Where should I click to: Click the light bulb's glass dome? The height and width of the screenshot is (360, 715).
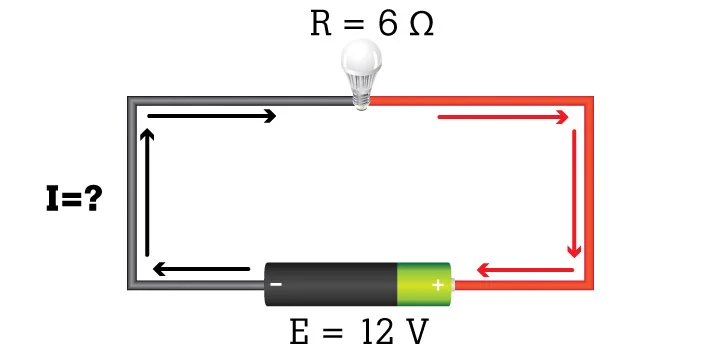(361, 59)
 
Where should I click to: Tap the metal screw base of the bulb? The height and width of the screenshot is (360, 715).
(361, 97)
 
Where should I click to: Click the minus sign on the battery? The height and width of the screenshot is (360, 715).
(276, 284)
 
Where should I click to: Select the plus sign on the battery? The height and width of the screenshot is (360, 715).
(438, 285)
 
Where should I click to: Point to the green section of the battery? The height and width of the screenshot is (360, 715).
(423, 284)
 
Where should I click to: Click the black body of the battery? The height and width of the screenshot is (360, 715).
(331, 284)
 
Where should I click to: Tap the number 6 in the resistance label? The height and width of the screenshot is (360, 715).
(388, 24)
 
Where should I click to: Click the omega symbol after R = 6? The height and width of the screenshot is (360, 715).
(421, 24)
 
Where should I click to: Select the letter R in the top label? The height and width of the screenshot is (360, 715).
(321, 24)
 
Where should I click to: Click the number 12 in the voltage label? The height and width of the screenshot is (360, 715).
(377, 332)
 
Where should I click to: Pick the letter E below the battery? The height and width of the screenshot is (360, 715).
(299, 332)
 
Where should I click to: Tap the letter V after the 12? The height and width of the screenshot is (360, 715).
(417, 332)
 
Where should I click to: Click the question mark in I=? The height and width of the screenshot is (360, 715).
(93, 198)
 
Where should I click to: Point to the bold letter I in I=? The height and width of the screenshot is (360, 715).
(52, 198)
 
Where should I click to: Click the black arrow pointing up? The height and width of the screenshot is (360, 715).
(147, 192)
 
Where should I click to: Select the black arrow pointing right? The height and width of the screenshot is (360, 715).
(212, 116)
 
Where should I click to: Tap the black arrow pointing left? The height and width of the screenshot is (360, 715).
(201, 269)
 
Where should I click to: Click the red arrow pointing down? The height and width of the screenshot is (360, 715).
(574, 193)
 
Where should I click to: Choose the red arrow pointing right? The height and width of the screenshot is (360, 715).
(503, 117)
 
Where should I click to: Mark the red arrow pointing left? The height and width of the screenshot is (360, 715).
(525, 270)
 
